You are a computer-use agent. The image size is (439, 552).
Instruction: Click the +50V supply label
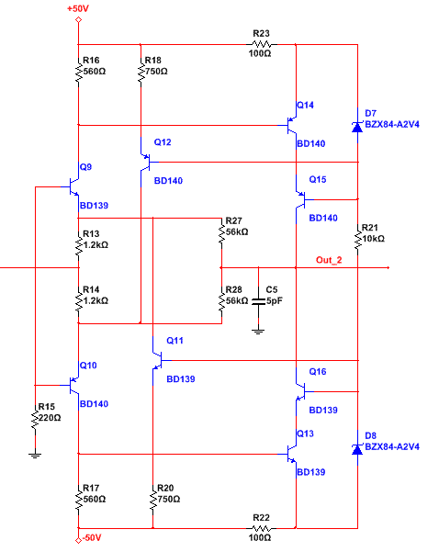pyautogui.click(x=78, y=8)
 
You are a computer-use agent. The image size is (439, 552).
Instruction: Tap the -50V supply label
pyautogui.click(x=92, y=537)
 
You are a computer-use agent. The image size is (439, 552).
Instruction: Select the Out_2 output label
pyautogui.click(x=329, y=260)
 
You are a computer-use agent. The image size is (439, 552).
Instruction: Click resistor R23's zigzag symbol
pyautogui.click(x=262, y=44)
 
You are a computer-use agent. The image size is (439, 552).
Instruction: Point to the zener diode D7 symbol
pyautogui.click(x=357, y=126)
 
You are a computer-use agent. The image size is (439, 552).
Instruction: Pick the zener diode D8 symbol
pyautogui.click(x=357, y=449)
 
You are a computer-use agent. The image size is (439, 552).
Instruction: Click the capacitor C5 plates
pyautogui.click(x=258, y=301)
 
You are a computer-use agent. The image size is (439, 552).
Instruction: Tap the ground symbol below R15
pyautogui.click(x=35, y=455)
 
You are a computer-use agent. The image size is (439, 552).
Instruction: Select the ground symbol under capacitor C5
pyautogui.click(x=258, y=331)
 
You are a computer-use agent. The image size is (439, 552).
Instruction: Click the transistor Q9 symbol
pyautogui.click(x=73, y=187)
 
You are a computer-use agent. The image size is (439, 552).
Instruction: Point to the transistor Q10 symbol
pyautogui.click(x=73, y=386)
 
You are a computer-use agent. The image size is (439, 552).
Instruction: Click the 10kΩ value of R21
pyautogui.click(x=374, y=239)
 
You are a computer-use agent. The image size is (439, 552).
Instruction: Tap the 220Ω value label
pyautogui.click(x=50, y=418)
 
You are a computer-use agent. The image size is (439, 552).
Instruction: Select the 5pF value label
pyautogui.click(x=275, y=301)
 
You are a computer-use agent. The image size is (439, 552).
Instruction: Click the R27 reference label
pyautogui.click(x=234, y=220)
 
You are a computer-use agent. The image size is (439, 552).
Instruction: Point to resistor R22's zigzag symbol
pyautogui.click(x=262, y=528)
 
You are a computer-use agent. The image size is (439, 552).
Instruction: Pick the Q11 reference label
pyautogui.click(x=175, y=341)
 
